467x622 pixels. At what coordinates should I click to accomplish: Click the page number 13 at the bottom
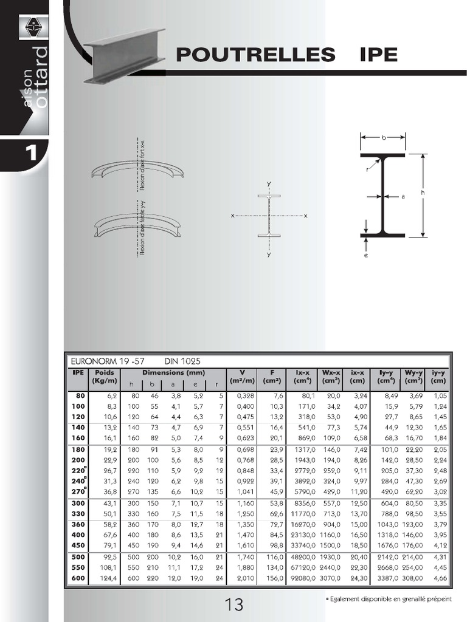234,604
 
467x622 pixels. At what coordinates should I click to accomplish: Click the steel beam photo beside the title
123,55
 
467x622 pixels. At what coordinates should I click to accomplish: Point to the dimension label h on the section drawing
421,194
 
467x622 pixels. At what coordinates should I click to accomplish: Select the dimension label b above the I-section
383,138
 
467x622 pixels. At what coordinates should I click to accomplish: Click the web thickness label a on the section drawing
403,196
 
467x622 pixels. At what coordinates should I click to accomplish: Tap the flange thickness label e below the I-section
367,255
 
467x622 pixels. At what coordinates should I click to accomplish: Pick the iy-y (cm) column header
438,377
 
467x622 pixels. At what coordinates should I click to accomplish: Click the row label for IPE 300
78,504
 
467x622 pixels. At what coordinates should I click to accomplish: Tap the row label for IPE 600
78,578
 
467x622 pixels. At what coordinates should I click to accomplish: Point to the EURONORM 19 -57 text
104,361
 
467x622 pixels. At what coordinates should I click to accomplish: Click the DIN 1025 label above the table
182,361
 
